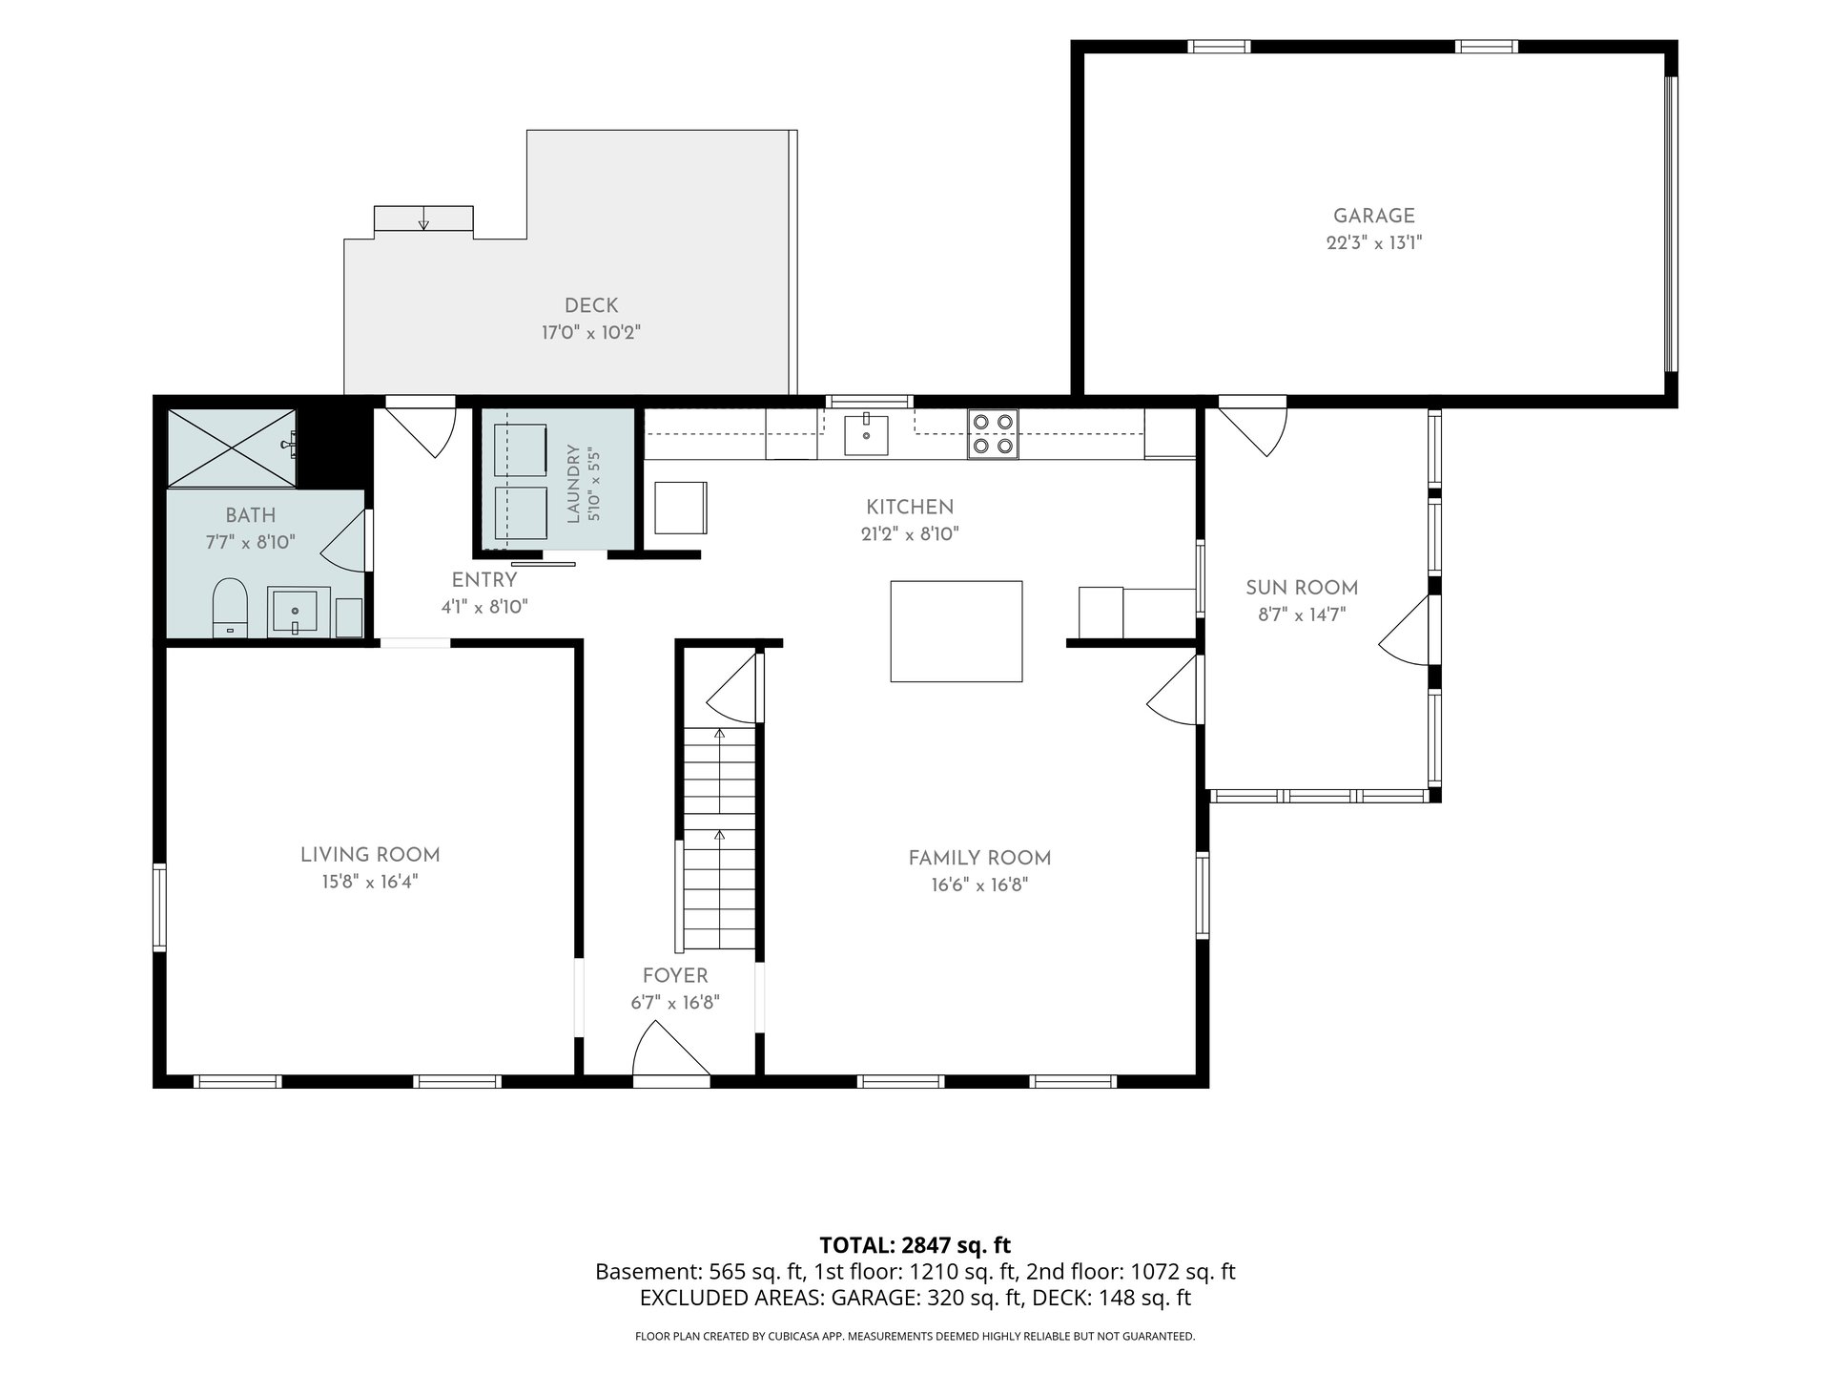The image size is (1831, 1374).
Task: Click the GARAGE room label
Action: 1373,217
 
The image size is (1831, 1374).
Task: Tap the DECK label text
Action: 591,305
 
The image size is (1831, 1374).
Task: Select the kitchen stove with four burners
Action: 993,433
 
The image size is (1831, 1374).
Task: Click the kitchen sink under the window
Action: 866,435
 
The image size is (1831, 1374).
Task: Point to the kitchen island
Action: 957,632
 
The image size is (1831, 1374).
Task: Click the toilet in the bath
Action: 230,607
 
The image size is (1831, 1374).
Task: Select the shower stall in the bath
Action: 232,448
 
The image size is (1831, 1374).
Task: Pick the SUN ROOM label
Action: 1302,588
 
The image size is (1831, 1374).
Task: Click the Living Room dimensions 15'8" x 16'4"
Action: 370,882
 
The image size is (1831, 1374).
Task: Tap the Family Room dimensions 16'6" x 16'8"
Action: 980,885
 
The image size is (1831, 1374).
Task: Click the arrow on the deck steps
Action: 423,219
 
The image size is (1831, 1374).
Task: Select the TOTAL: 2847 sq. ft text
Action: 915,1245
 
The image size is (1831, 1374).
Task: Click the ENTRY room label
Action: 484,580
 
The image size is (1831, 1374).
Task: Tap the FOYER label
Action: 675,976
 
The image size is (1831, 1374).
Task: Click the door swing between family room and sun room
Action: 1172,689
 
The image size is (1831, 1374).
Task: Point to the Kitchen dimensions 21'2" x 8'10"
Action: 910,534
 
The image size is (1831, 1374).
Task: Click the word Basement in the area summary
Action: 648,1272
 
